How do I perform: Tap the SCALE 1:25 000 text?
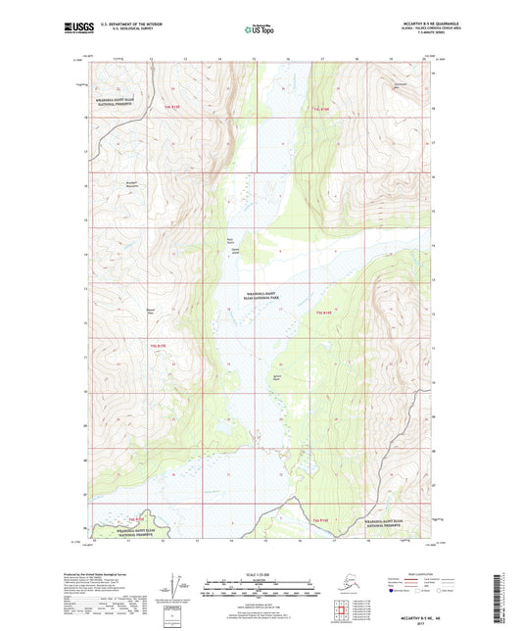pyautogui.click(x=261, y=573)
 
